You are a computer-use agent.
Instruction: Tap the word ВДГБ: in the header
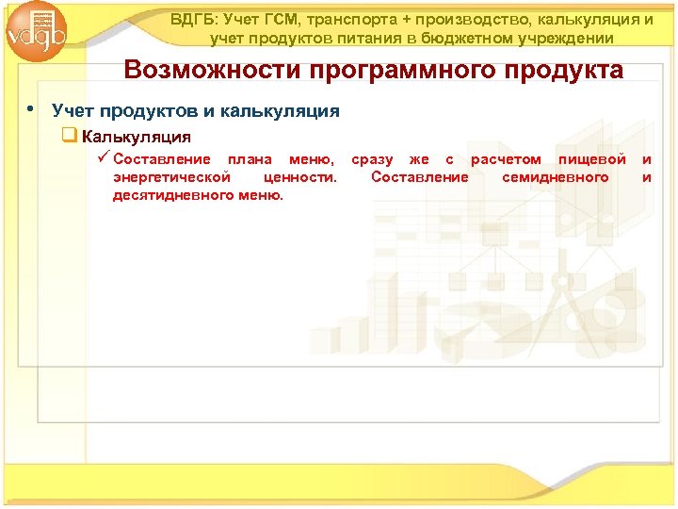pos(195,20)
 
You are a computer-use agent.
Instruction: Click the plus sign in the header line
pos(389,20)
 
